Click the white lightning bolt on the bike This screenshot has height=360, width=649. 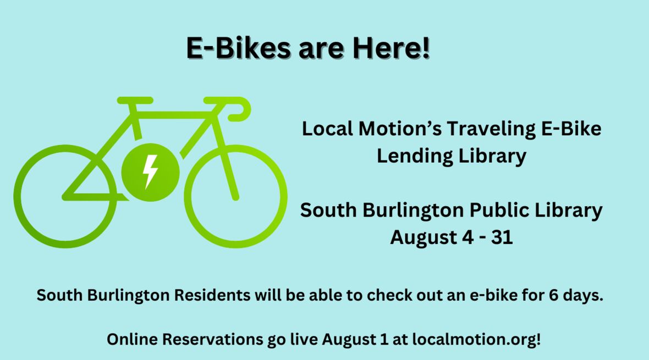pyautogui.click(x=150, y=171)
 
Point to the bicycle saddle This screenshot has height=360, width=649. pyautogui.click(x=135, y=100)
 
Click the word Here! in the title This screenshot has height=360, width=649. pyautogui.click(x=391, y=48)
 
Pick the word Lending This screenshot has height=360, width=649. pyautogui.click(x=415, y=156)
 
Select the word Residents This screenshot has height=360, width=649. pyautogui.click(x=212, y=295)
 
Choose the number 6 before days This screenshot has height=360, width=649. pyautogui.click(x=553, y=295)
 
